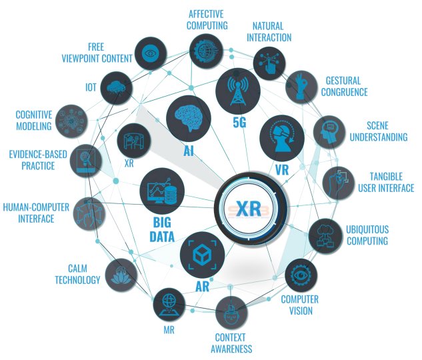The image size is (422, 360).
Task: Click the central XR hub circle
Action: coord(250,208)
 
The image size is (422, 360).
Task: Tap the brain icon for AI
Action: coord(189,118)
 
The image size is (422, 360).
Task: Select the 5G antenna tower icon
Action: coord(238,90)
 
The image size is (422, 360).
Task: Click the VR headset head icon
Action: coord(282,137)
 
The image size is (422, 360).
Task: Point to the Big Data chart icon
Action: coord(162,191)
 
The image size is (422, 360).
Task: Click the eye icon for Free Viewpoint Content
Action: coord(151,53)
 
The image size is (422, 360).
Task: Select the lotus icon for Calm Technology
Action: coord(121,275)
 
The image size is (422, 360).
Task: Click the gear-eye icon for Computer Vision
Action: coord(301,275)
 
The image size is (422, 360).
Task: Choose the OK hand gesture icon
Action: coord(301,87)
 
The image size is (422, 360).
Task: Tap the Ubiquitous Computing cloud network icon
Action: coord(325,236)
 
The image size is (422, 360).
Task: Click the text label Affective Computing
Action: coord(207,19)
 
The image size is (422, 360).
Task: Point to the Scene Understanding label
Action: coord(379,131)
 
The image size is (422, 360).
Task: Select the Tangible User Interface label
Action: coord(386,182)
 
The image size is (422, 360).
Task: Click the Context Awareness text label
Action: coord(231,343)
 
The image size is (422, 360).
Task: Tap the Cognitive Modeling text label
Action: coord(33,120)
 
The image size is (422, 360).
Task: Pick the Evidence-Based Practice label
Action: coord(38,160)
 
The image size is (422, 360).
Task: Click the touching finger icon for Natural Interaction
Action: coord(269,63)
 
